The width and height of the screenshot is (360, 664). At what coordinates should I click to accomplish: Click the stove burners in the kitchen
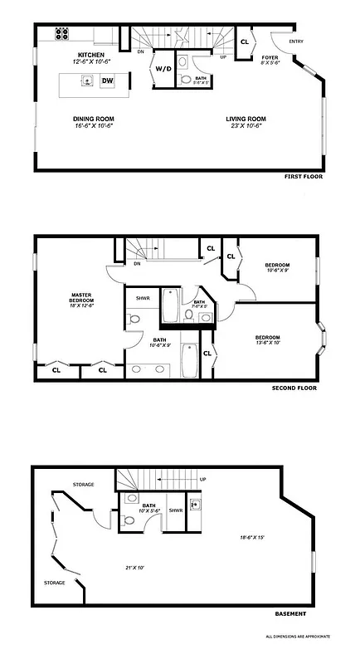tap(62, 34)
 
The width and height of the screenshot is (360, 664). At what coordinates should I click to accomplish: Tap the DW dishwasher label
tap(107, 81)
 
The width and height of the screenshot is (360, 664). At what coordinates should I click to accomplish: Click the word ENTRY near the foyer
tap(295, 41)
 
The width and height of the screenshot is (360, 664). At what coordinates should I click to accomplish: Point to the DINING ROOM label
tap(93, 119)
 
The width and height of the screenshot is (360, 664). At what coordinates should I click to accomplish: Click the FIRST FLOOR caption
tap(303, 177)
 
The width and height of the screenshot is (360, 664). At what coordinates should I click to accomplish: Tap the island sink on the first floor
tap(85, 81)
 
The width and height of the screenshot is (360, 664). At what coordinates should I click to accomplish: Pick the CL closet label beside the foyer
tap(245, 41)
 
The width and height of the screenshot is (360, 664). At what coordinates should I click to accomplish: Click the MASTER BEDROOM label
tap(81, 298)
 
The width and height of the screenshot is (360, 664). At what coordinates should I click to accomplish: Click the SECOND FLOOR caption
tap(294, 388)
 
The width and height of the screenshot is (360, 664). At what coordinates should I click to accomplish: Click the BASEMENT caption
tap(290, 613)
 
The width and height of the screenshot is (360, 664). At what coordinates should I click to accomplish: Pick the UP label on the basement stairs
tap(203, 479)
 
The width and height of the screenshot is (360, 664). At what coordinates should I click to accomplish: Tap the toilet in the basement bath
tap(130, 522)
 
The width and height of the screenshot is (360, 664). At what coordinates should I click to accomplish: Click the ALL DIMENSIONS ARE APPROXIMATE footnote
tap(298, 636)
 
